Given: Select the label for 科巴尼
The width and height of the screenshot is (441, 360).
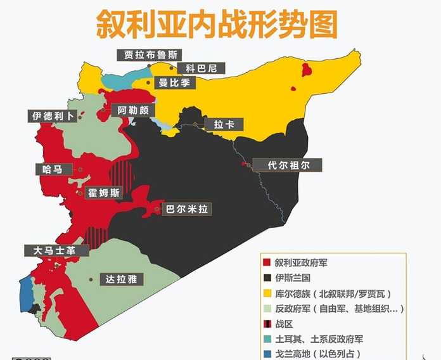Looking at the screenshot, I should (198, 68).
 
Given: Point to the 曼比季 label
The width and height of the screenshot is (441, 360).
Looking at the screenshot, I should (177, 82).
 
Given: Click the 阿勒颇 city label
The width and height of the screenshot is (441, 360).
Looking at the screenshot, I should (133, 110).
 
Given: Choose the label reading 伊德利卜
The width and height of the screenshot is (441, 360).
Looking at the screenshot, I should (53, 117).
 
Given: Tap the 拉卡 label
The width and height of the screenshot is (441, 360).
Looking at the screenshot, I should (224, 125).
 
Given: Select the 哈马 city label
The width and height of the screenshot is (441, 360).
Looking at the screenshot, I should (52, 169).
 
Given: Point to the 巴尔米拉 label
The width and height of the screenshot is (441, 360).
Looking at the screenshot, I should (187, 209).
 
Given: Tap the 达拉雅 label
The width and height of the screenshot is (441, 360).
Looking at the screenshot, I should (123, 279).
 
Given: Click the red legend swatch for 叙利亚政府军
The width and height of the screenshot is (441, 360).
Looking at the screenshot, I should (267, 262).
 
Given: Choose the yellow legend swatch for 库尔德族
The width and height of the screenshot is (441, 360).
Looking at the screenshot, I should (267, 293).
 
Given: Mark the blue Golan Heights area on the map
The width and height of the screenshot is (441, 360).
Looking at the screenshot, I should (26, 293).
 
